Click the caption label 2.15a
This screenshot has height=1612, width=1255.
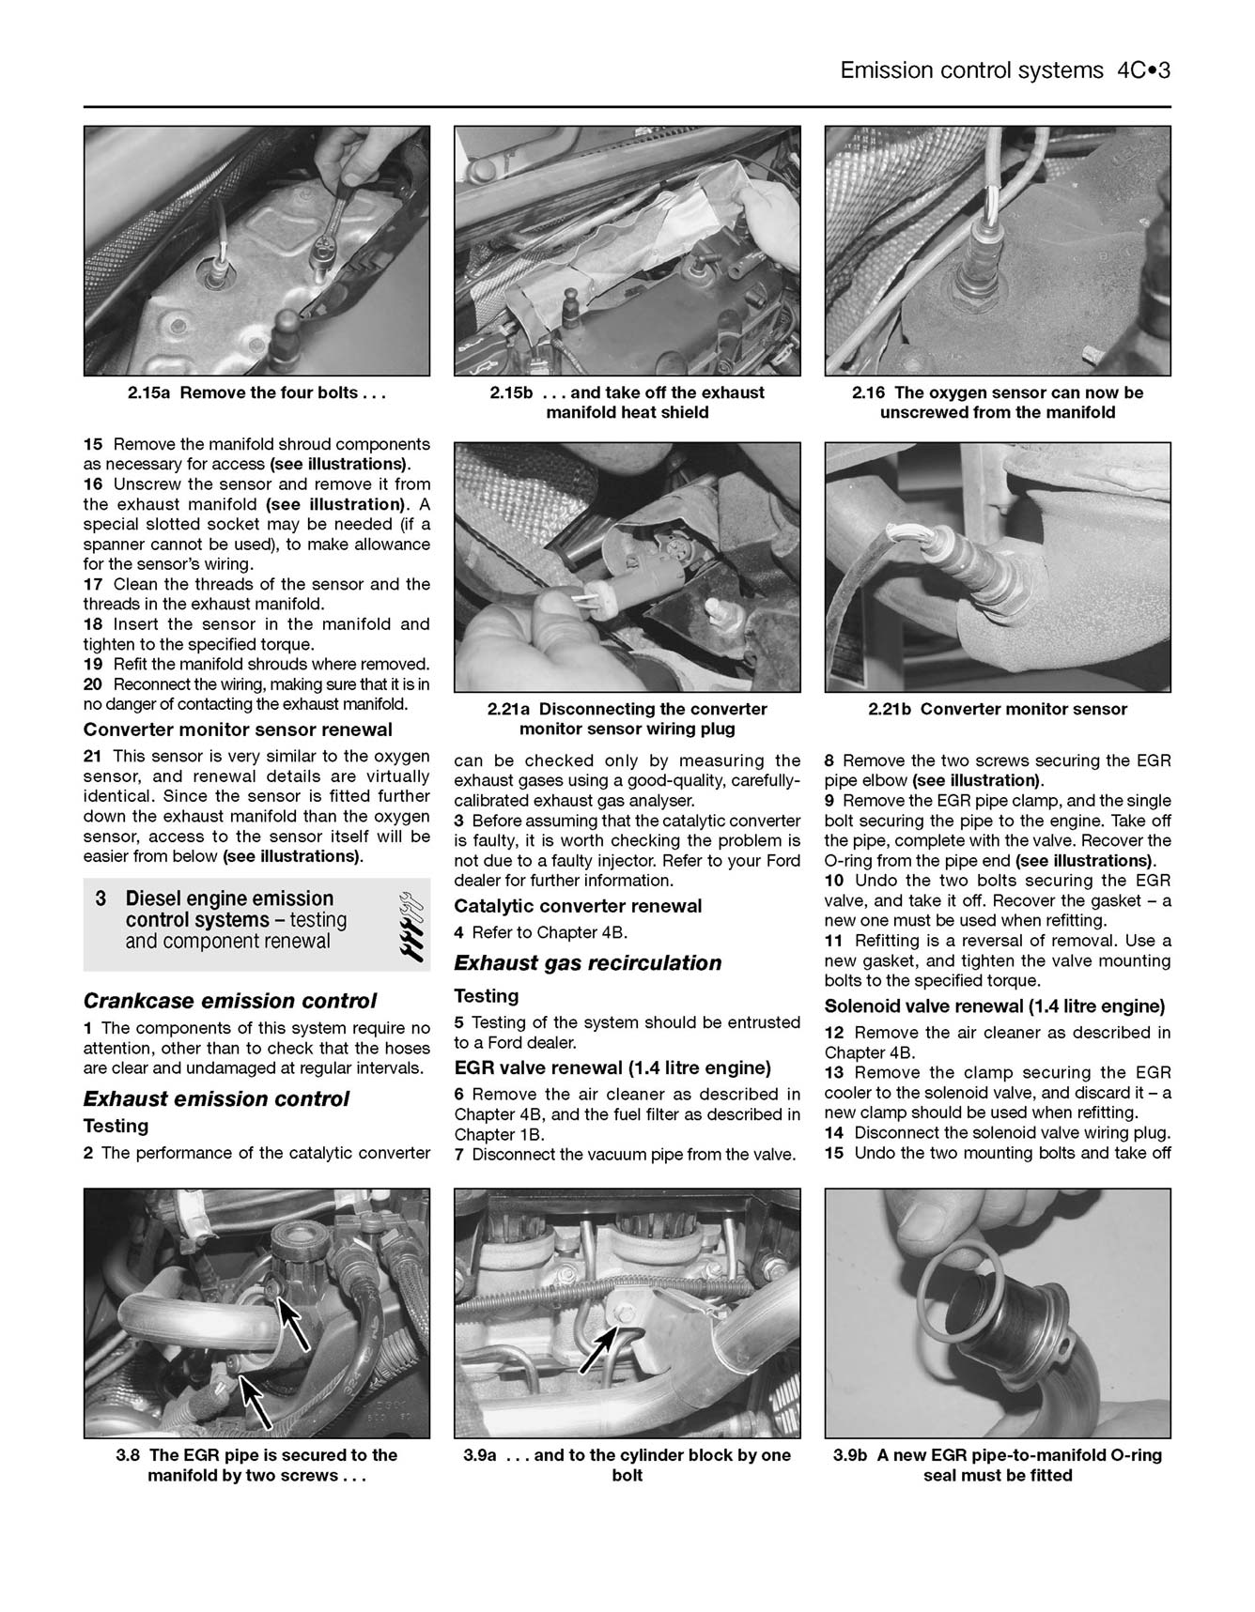pyautogui.click(x=150, y=392)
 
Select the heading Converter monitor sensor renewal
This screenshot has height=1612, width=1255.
pyautogui.click(x=238, y=729)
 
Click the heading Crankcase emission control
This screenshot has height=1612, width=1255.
pyautogui.click(x=230, y=1000)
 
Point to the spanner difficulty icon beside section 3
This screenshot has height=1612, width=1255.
pyautogui.click(x=411, y=924)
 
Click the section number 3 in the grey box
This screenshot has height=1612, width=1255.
pyautogui.click(x=101, y=898)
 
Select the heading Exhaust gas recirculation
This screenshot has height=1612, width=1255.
pyautogui.click(x=587, y=962)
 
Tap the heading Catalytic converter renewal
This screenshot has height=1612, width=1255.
pyautogui.click(x=578, y=906)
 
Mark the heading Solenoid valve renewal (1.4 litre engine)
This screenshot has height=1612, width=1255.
pyautogui.click(x=995, y=1006)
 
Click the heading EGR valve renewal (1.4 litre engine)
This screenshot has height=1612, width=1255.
pyautogui.click(x=612, y=1067)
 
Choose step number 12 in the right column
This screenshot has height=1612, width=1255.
pyautogui.click(x=835, y=1032)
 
